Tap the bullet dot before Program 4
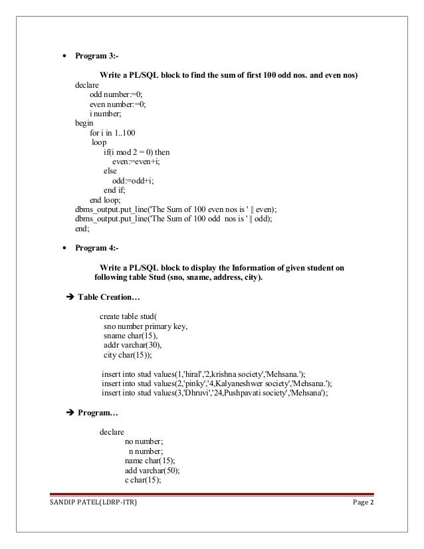(x=64, y=249)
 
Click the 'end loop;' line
(x=105, y=199)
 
